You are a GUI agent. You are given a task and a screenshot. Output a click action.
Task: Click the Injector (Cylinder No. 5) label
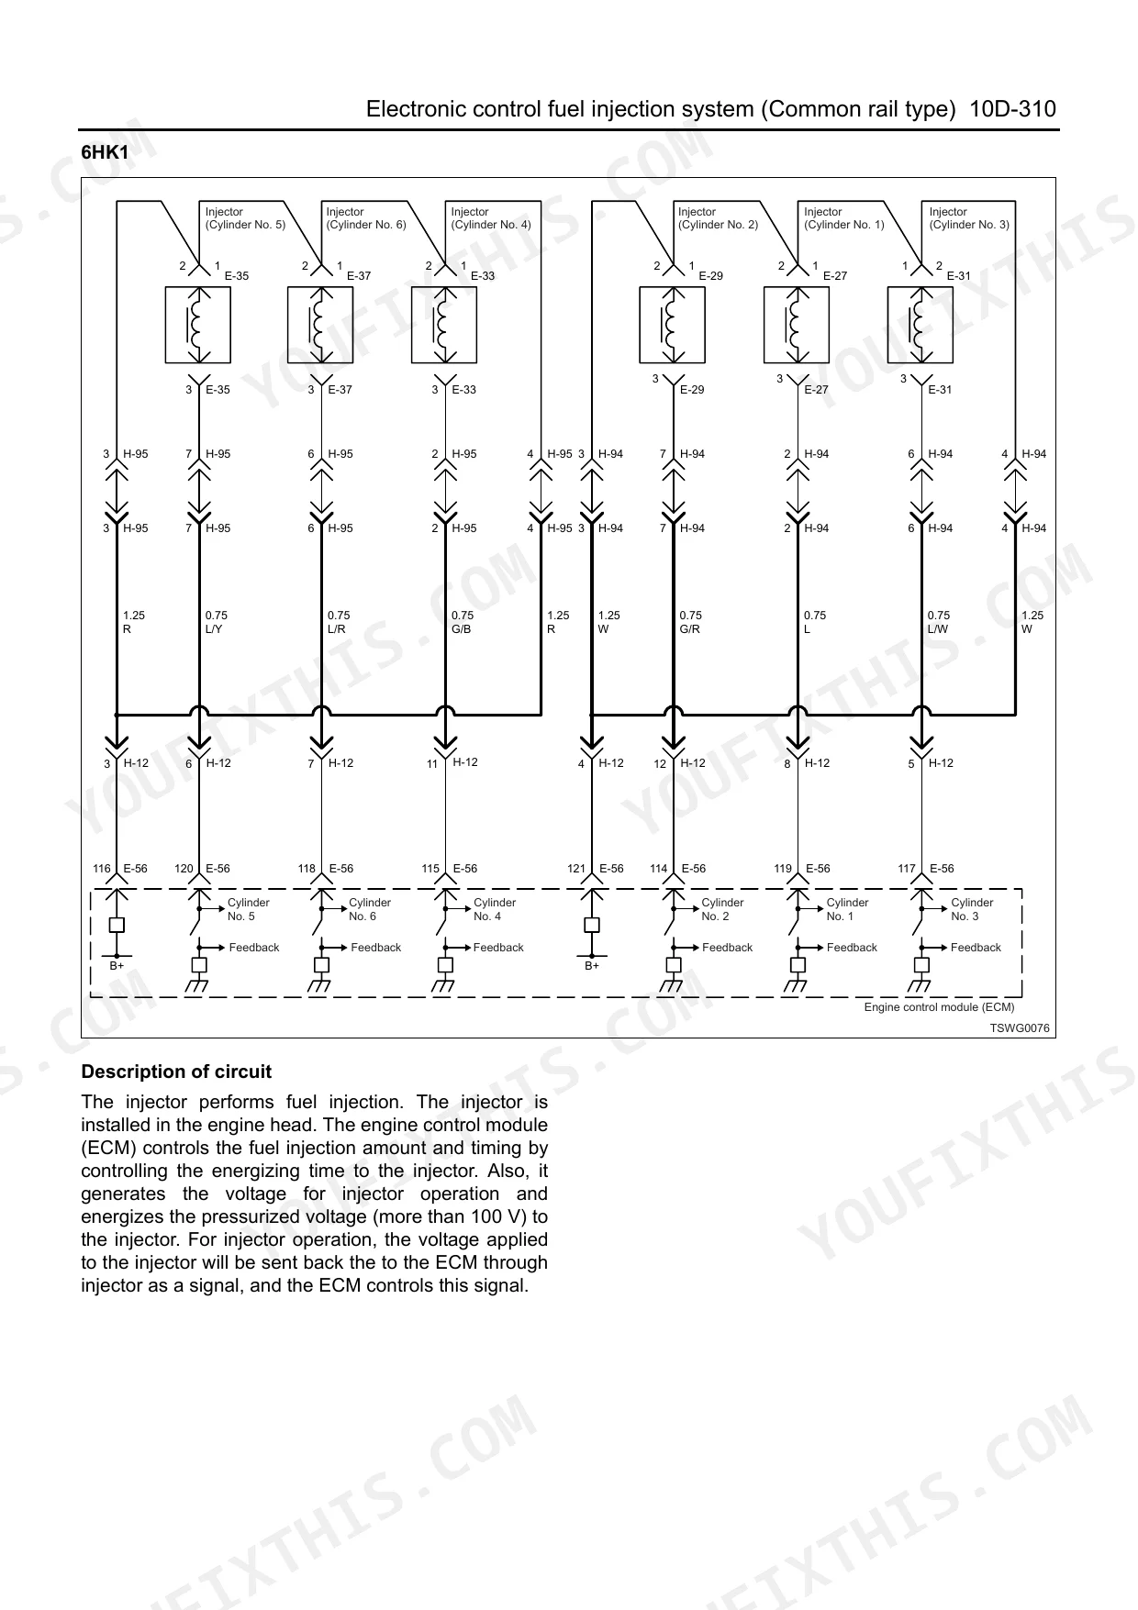[245, 218]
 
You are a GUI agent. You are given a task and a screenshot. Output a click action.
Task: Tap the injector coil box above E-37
[320, 326]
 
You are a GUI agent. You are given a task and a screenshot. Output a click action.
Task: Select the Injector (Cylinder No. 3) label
[968, 218]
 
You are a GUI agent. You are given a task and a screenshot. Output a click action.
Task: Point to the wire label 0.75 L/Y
[217, 622]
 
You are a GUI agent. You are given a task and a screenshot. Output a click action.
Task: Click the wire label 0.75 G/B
[463, 622]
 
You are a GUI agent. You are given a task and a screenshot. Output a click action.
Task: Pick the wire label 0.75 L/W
[938, 622]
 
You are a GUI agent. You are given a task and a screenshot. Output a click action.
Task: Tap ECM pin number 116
[102, 869]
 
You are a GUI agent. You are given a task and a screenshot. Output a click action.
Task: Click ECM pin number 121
[576, 869]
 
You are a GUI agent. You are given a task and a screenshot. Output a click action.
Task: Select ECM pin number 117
[907, 869]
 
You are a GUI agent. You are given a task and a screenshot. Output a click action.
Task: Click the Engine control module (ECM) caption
[939, 1007]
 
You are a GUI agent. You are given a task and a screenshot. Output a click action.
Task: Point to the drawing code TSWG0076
[1019, 1028]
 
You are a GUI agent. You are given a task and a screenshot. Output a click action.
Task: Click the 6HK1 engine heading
[105, 153]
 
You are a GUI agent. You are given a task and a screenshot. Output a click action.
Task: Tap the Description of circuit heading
[176, 1071]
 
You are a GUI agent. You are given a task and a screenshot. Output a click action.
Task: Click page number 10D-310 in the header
[1013, 110]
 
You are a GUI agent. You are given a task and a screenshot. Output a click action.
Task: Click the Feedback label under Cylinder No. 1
[852, 948]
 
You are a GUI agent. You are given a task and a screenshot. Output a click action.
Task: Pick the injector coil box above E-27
[797, 326]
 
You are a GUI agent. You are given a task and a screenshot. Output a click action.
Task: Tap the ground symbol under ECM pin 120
[198, 985]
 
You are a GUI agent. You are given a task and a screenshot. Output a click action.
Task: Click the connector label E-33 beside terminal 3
[463, 390]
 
